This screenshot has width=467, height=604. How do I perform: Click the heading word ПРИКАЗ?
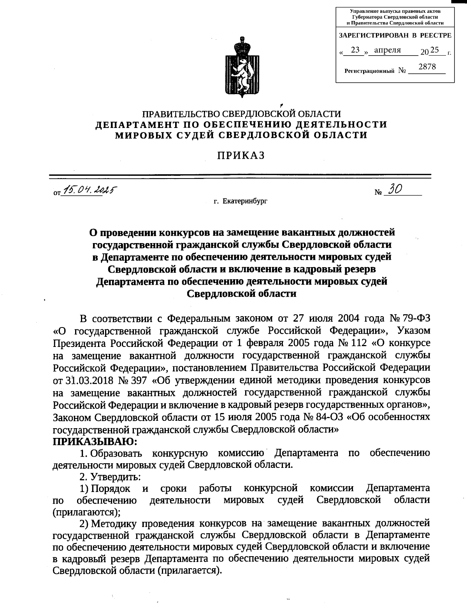241,155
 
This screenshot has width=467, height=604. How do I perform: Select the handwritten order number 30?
395,189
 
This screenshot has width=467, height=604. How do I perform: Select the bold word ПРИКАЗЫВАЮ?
95,441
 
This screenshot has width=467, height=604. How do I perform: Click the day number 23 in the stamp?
355,50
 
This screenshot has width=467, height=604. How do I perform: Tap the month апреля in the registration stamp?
387,50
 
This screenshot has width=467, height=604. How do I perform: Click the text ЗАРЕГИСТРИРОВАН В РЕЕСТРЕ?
395,35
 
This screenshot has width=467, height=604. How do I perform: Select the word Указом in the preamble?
413,331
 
